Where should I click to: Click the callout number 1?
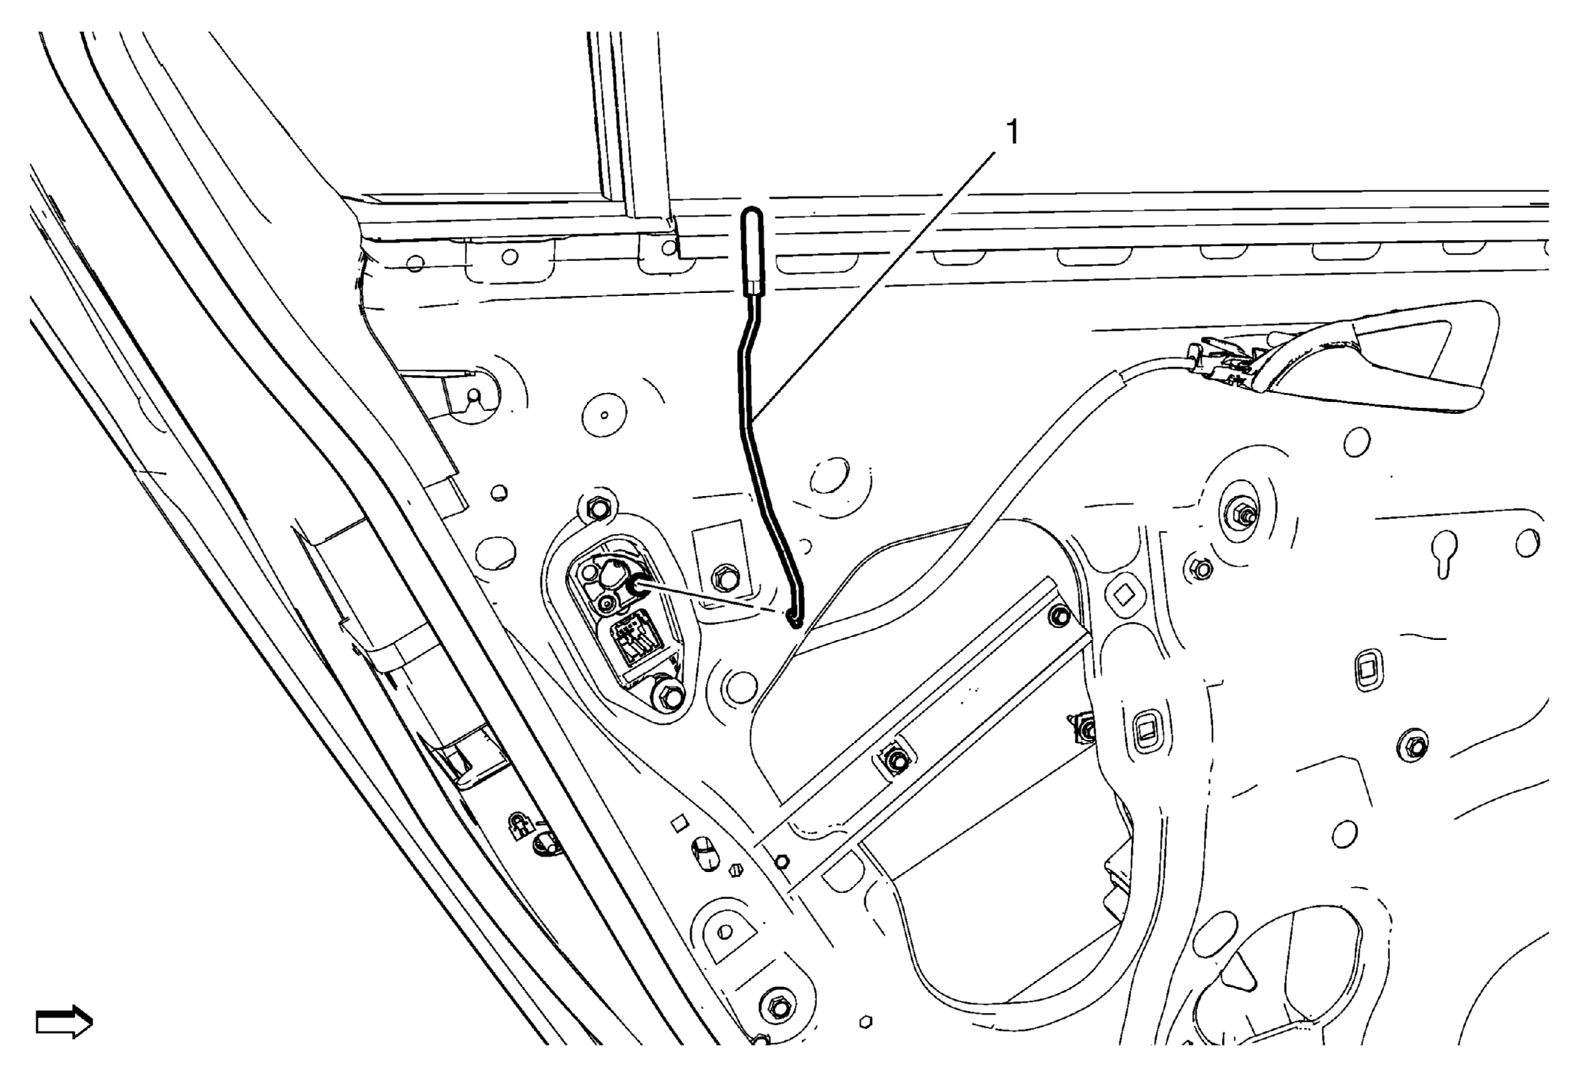click(x=1011, y=133)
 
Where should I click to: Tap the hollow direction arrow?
click(x=64, y=1022)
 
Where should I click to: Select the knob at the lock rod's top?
click(x=753, y=252)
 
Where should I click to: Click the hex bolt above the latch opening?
click(x=597, y=508)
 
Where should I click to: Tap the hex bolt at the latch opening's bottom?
click(x=670, y=697)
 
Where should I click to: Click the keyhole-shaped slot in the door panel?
click(x=1444, y=553)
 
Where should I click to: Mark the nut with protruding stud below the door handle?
click(x=1243, y=512)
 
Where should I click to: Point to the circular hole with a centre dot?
click(x=605, y=415)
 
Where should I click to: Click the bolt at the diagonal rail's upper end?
click(x=1061, y=615)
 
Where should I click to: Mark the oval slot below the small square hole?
click(x=705, y=854)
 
